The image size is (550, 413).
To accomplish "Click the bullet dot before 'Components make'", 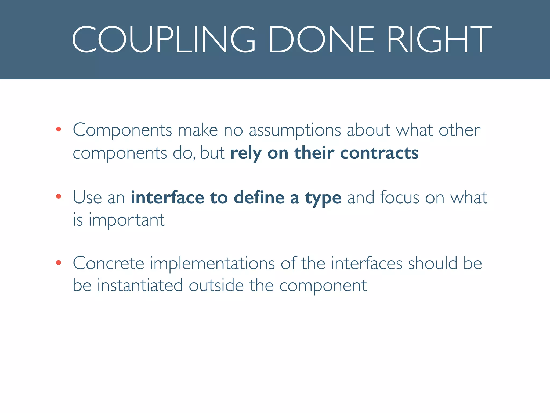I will [x=59, y=130].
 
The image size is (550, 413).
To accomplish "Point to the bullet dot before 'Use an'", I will [x=59, y=197].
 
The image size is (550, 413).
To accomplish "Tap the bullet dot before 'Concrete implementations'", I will [x=59, y=262].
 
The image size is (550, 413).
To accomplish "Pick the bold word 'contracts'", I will [x=379, y=153].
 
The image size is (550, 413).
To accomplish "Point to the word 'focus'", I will [x=400, y=197].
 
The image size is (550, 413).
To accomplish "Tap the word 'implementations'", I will [x=212, y=264].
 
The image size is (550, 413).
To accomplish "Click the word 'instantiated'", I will [x=140, y=285].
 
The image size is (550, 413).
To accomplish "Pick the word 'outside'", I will [x=216, y=285].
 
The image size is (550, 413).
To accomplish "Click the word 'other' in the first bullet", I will [x=459, y=130].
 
